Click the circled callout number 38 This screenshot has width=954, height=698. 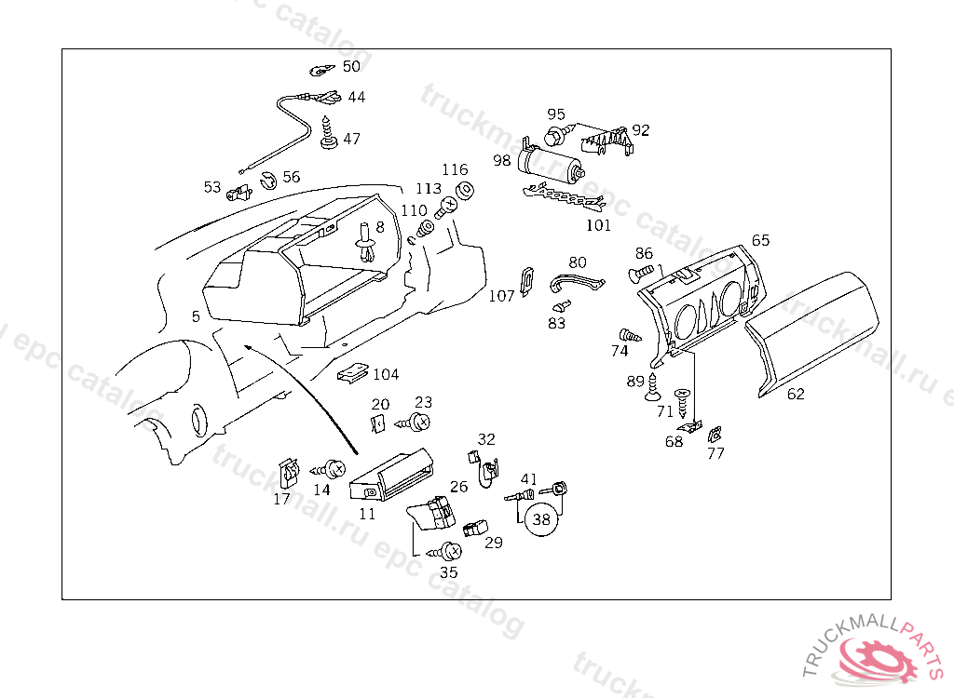541,520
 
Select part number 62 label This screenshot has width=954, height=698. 795,394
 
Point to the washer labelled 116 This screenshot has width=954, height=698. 463,191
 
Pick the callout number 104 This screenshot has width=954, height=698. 385,374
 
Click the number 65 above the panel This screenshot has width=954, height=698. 761,240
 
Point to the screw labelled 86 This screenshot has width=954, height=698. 640,273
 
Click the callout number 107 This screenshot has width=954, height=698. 501,296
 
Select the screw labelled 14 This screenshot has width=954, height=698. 333,466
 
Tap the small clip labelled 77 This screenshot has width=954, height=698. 715,434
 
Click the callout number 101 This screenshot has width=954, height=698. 598,225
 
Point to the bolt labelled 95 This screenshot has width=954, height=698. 555,136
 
